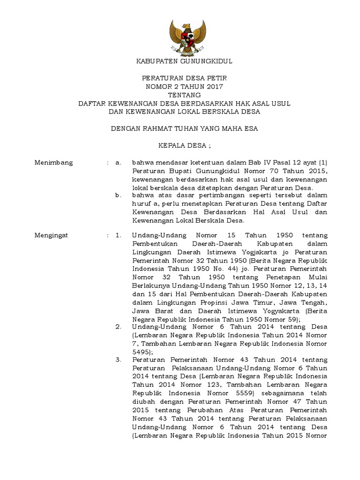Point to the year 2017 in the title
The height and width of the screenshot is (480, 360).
click(x=214, y=87)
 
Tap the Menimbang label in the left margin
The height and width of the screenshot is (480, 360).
click(x=54, y=163)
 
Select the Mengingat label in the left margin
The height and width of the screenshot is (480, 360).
click(x=52, y=235)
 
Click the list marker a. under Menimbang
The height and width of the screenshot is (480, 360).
click(x=118, y=163)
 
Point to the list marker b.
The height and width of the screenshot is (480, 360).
click(x=118, y=195)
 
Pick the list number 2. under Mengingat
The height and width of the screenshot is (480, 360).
click(x=118, y=326)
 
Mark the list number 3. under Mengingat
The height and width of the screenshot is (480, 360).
click(x=118, y=360)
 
